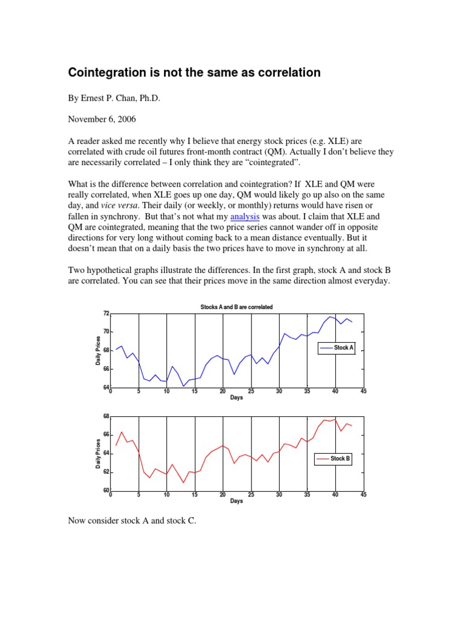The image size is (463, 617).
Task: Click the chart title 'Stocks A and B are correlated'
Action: point(236,307)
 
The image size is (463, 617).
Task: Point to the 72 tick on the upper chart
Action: point(106,314)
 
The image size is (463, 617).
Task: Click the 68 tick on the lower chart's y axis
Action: point(106,417)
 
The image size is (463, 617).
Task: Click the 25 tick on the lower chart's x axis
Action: point(251,495)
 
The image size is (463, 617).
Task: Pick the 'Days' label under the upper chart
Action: point(236,398)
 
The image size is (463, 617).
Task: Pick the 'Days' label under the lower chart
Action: point(236,501)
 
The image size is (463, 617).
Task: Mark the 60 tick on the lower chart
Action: point(106,490)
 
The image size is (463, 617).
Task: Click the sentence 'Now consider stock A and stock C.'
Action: point(132,520)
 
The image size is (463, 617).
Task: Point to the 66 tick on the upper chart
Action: point(106,369)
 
